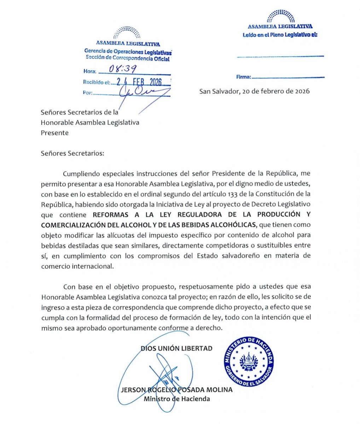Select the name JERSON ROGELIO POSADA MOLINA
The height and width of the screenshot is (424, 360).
tap(177, 390)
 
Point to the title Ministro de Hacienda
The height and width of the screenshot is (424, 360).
tap(177, 399)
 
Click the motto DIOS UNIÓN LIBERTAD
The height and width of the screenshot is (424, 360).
tap(177, 348)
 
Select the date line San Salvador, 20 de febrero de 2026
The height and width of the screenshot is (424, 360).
tap(254, 91)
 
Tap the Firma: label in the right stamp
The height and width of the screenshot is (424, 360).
tap(244, 77)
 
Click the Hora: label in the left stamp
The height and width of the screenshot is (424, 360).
tap(90, 71)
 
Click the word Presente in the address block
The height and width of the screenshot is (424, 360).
tap(54, 133)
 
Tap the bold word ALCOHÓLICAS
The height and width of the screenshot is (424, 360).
tap(232, 225)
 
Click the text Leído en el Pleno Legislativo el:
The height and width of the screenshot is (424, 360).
tap(280, 35)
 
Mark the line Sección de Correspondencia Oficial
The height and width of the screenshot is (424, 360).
tap(128, 58)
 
